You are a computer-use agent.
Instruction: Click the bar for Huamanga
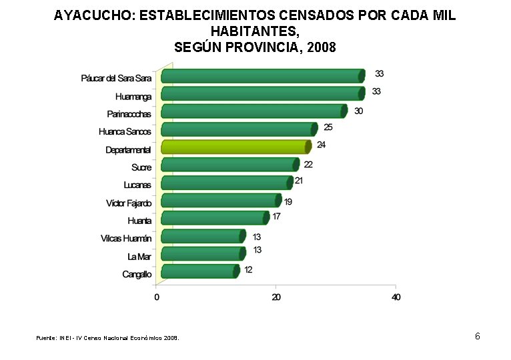(262, 94)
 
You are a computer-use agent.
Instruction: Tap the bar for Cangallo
(199, 271)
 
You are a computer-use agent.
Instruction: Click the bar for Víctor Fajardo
(221, 201)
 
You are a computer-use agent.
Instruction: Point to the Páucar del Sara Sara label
(116, 79)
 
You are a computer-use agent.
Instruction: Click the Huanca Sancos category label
(125, 132)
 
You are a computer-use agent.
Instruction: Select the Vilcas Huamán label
(126, 239)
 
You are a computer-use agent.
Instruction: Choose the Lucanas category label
(137, 185)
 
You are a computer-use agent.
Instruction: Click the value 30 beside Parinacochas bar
(358, 111)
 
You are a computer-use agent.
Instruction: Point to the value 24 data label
(321, 145)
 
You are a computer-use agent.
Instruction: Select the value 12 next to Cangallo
(247, 270)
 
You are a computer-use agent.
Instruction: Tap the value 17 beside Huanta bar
(276, 216)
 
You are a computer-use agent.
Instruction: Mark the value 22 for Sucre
(308, 164)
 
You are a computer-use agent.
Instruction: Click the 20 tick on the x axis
(276, 297)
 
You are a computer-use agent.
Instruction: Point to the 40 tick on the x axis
(396, 297)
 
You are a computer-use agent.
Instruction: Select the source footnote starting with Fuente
(107, 338)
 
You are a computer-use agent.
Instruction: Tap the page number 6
(477, 336)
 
